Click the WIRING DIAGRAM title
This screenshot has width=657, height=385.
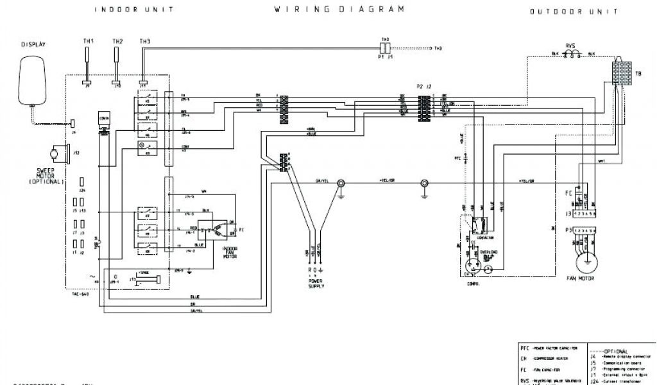[339, 10]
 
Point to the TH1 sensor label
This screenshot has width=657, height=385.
[89, 42]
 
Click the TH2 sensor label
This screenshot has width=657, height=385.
[117, 42]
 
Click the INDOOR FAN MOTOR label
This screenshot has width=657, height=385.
[229, 252]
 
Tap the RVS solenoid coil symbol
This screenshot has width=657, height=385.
[569, 55]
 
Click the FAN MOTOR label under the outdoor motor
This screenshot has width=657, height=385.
[581, 279]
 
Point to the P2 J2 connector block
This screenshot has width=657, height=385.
[423, 107]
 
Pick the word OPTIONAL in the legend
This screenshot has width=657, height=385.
[617, 343]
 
